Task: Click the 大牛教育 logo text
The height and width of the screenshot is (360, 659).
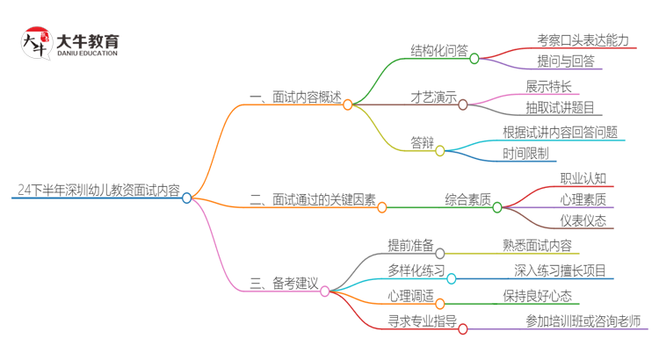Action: [87, 42]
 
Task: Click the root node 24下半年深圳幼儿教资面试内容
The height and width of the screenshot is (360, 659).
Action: [98, 189]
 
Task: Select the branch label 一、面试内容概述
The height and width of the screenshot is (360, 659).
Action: [294, 97]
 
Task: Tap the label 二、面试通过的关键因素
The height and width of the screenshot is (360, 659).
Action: [312, 200]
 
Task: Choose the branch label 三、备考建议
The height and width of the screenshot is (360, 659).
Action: [283, 283]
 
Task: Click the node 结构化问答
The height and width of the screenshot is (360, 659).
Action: [439, 50]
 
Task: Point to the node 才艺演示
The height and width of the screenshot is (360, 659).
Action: [433, 97]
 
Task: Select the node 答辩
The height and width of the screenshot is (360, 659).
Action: [423, 143]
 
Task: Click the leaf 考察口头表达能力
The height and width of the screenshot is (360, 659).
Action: [583, 40]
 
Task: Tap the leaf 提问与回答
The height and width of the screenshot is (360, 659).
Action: [566, 61]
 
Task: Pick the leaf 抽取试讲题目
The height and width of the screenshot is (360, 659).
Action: [560, 108]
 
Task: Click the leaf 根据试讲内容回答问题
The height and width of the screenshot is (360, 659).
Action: [560, 132]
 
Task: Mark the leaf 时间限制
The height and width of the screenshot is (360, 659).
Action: [525, 154]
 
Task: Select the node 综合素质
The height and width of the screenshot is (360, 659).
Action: [467, 200]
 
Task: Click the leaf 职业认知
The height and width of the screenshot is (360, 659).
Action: [583, 178]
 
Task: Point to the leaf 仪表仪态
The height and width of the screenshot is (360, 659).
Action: [583, 220]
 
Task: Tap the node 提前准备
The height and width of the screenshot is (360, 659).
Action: [409, 246]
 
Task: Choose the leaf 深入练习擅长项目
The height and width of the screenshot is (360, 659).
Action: [560, 270]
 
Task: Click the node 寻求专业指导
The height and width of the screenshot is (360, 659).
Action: [422, 321]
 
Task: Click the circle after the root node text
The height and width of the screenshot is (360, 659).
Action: [186, 198]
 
